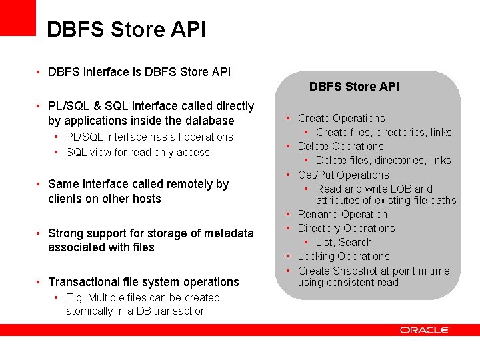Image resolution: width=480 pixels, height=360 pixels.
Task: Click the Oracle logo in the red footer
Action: pos(425,329)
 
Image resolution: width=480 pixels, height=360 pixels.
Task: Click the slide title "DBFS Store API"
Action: pos(126,30)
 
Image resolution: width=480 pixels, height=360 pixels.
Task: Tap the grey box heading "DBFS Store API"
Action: pos(354,86)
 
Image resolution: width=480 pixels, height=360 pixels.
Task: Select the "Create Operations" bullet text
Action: pos(341,118)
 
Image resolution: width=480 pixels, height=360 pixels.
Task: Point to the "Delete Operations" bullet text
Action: pos(341,146)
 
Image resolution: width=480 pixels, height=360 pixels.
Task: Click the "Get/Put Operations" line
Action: pos(343,175)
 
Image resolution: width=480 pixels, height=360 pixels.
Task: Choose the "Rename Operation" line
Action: pos(342,214)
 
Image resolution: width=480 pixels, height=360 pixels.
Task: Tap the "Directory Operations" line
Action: pos(346,228)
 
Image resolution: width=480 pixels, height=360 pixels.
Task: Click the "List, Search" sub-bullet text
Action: pos(343,242)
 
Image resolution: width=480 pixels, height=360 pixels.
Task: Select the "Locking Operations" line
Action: pos(343,256)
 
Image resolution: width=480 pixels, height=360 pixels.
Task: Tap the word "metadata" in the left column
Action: pos(228,233)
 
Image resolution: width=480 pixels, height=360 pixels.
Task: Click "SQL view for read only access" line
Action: pos(137,152)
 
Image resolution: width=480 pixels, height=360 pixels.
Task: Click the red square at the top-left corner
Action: pos(17,17)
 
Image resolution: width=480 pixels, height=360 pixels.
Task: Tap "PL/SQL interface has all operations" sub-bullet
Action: pos(149,137)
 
